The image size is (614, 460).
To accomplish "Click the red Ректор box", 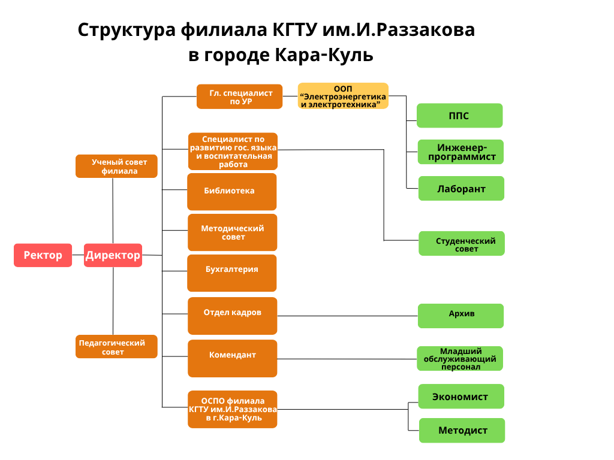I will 43,255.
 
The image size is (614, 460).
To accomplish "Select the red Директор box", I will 113,255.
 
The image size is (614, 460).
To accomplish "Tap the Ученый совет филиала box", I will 116,166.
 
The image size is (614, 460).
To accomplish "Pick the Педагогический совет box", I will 116,347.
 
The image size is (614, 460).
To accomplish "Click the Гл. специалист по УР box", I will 239,96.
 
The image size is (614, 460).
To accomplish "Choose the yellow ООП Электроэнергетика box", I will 343,96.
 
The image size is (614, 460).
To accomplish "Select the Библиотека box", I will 232,192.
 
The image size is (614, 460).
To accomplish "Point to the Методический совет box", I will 233,232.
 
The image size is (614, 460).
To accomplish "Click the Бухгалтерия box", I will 232,273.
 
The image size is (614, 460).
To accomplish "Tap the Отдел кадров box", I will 233,316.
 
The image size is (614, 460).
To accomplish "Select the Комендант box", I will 233,358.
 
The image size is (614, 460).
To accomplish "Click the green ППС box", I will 459,116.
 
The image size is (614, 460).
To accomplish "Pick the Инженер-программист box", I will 460,152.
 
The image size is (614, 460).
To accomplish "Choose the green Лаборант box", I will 460,189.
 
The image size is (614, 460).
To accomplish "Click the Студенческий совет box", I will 462,244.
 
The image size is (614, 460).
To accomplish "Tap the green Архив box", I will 460,316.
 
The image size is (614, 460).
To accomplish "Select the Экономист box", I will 461,397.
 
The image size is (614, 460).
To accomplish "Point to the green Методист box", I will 462,430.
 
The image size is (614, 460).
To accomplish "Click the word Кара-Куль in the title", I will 324,55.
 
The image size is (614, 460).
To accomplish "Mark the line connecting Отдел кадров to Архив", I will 348,316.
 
